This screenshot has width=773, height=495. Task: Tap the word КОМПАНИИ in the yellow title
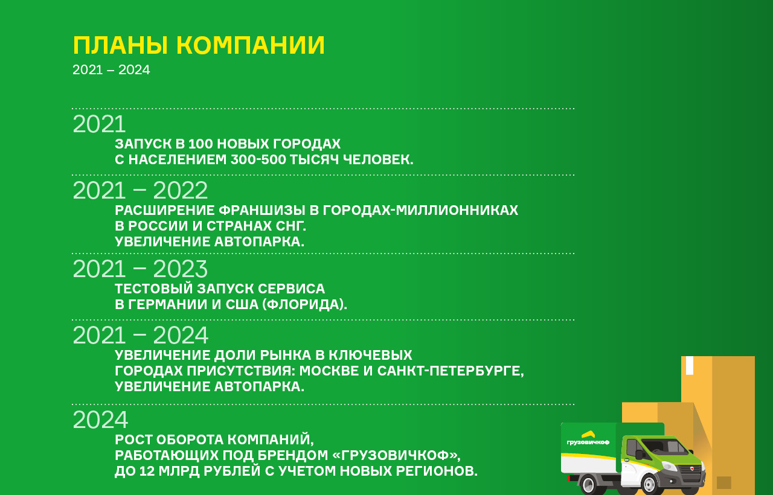[250, 46]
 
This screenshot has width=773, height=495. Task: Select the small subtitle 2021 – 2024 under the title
[111, 70]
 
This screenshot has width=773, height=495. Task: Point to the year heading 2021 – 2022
[140, 191]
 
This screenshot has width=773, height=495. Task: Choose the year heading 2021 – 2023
[140, 269]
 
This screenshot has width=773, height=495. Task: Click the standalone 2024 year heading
[100, 420]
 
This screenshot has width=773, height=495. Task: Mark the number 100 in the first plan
[200, 144]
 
